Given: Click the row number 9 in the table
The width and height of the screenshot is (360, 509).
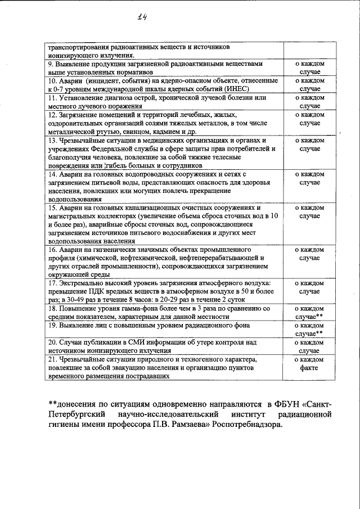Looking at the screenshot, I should pyautogui.click(x=49, y=65).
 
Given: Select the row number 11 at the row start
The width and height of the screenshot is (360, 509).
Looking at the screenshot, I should pyautogui.click(x=51, y=97).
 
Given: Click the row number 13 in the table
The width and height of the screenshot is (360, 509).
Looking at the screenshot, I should pyautogui.click(x=51, y=139).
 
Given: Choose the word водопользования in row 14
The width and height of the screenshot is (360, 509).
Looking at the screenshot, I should pyautogui.click(x=74, y=199).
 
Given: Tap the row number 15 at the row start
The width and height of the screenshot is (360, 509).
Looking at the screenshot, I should pyautogui.click(x=51, y=208).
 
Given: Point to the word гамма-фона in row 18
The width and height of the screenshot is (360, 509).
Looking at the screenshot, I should pyautogui.click(x=143, y=309).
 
